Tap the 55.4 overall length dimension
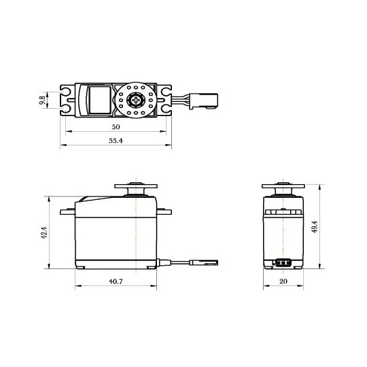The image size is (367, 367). (x=116, y=141)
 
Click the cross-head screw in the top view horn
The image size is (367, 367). (x=136, y=100)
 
